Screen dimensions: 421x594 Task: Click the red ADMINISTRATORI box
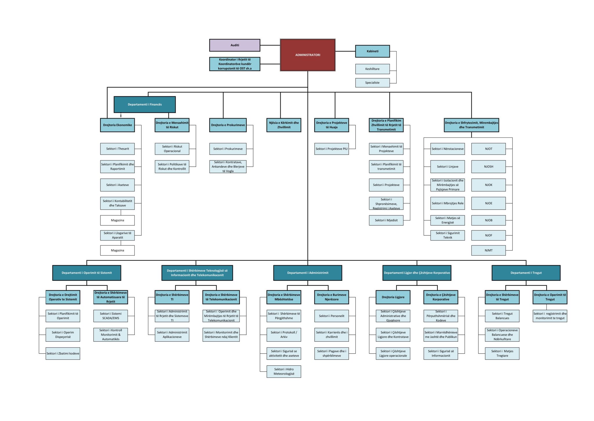click(307, 55)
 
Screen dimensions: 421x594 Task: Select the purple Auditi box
click(235, 45)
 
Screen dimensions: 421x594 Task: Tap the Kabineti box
click(372, 51)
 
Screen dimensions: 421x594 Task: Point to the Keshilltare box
click(372, 69)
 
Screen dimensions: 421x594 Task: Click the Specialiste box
click(372, 83)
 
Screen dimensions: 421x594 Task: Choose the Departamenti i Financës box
click(145, 104)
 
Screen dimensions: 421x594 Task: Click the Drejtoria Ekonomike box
click(117, 125)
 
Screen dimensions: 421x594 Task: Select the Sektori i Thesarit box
click(117, 149)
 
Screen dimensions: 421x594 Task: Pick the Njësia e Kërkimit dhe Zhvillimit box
click(284, 125)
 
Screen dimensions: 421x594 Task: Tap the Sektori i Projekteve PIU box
click(332, 149)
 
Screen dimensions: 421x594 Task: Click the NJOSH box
click(488, 166)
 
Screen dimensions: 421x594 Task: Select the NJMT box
click(488, 250)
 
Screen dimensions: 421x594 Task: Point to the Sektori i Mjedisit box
click(386, 220)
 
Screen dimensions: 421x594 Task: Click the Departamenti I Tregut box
click(526, 273)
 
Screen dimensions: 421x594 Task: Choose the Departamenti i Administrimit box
click(307, 273)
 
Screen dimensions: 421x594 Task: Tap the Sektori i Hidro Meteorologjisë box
click(284, 371)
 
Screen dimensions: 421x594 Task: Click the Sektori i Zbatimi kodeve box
click(63, 353)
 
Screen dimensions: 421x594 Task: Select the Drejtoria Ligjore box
click(393, 297)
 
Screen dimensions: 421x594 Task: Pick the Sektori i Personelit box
click(332, 316)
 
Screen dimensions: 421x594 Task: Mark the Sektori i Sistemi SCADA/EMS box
click(111, 316)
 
